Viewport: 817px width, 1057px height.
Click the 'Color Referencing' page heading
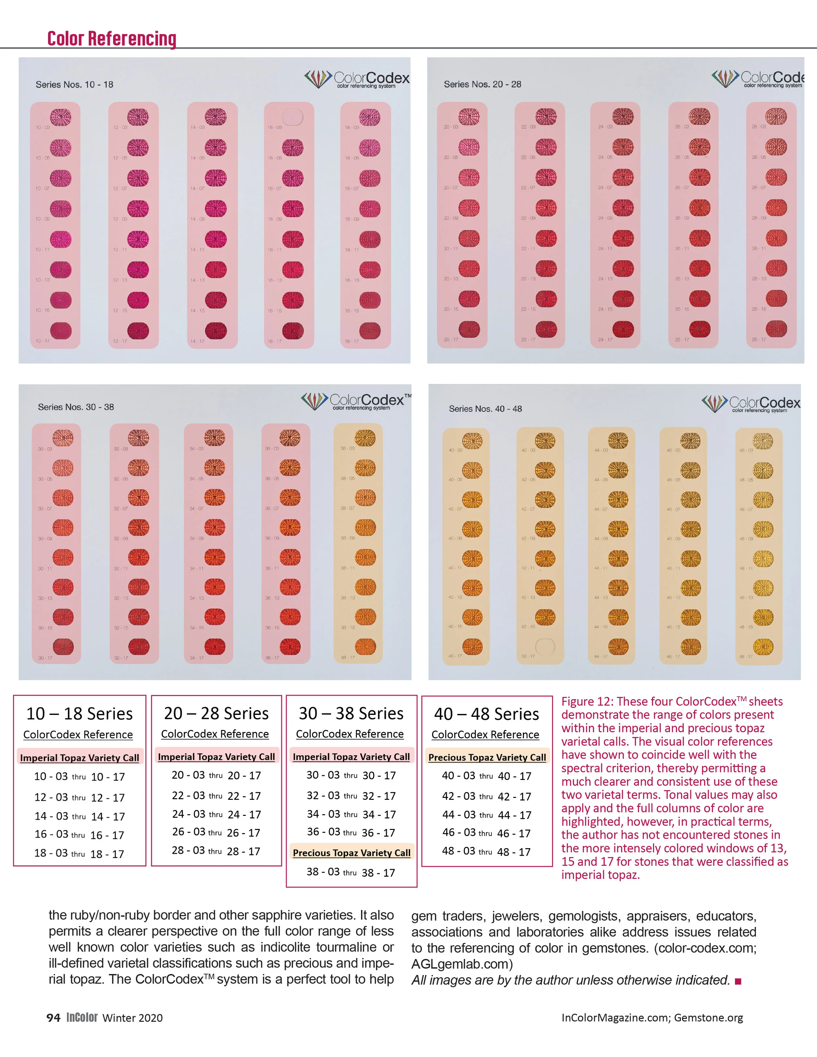pos(112,39)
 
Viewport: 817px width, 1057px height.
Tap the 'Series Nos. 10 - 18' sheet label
pos(75,85)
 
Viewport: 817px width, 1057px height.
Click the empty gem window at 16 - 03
pos(292,117)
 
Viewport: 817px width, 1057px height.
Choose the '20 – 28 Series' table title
pos(216,713)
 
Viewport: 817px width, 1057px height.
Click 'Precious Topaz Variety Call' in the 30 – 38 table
pos(351,853)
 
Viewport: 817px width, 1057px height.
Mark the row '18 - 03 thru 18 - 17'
pos(79,854)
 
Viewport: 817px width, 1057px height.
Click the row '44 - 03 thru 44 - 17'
pos(486,815)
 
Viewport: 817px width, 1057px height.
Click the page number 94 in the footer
pos(53,1018)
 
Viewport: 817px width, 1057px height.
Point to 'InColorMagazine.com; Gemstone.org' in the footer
pos(652,1018)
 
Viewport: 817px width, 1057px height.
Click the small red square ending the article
pos(738,981)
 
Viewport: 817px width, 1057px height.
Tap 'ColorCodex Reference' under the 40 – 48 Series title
pos(485,735)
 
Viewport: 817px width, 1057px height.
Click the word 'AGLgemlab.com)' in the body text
pos(462,964)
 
